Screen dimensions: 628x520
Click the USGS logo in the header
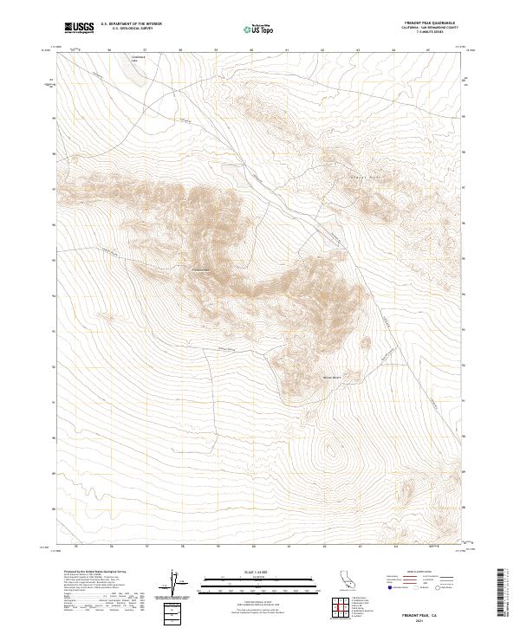click(80, 29)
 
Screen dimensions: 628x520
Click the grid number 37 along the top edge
click(145, 50)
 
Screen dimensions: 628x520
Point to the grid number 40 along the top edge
click(251, 50)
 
